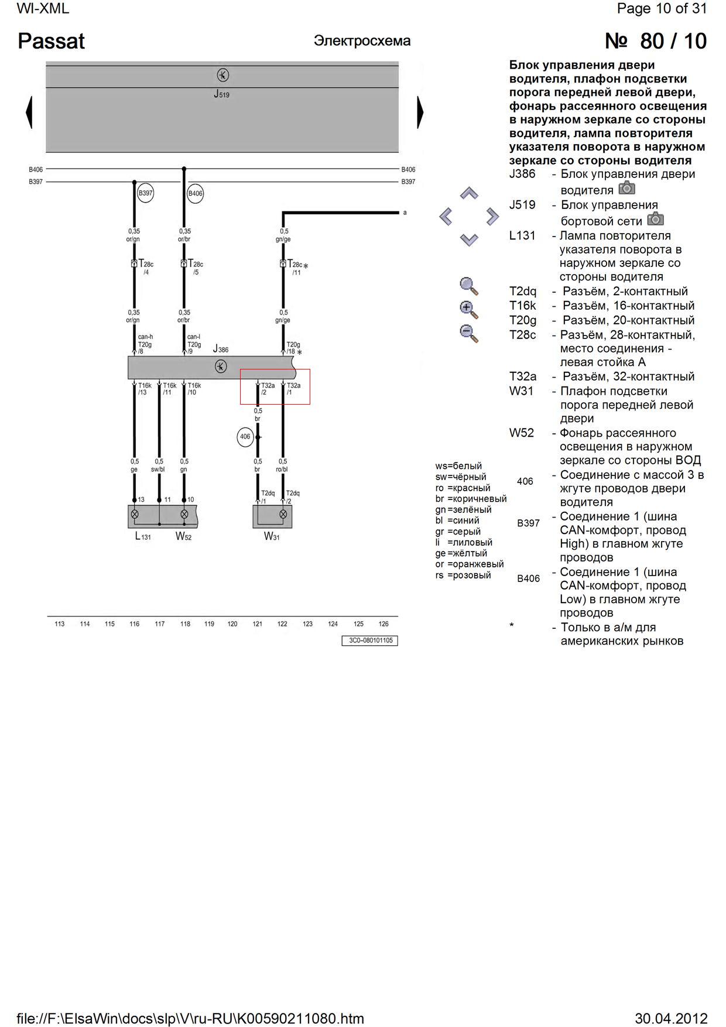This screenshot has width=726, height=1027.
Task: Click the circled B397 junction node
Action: (x=145, y=193)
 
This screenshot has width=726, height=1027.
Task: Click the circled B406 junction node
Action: (x=195, y=193)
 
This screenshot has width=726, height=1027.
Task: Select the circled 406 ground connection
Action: (x=245, y=437)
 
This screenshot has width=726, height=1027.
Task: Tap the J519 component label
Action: (x=221, y=94)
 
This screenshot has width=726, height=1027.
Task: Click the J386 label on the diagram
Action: (x=221, y=349)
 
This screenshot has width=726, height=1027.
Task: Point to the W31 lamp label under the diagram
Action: (x=272, y=536)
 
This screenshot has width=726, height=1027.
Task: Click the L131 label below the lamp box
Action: (x=142, y=536)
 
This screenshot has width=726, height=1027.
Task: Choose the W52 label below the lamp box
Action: (x=183, y=536)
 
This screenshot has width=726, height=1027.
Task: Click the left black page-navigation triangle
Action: (x=29, y=112)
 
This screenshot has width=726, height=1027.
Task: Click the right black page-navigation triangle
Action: (x=419, y=112)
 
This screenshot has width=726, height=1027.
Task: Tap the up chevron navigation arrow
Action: (x=469, y=193)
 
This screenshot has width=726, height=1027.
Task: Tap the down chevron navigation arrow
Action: (x=469, y=239)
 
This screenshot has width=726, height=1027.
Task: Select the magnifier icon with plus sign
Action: (x=469, y=309)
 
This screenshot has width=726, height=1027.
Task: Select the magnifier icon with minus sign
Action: (x=469, y=334)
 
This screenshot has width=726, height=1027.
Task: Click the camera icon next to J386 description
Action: (x=626, y=188)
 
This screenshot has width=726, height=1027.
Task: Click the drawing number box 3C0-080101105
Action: (x=370, y=641)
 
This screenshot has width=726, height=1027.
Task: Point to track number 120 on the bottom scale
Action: (x=232, y=624)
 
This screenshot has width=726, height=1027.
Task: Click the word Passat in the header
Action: (x=52, y=41)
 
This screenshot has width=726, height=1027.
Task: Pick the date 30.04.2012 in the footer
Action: (x=671, y=1018)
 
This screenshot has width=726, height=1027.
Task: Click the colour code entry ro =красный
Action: (x=463, y=488)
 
